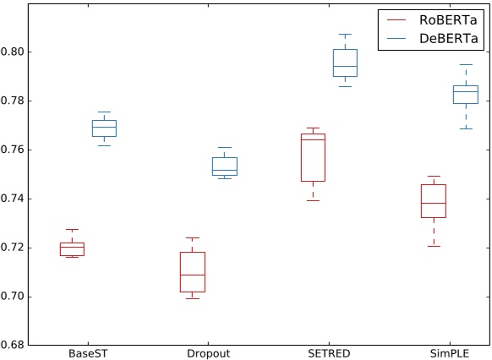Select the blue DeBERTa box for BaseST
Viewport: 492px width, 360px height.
tap(104, 128)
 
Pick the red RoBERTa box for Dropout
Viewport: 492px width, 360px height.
tap(192, 271)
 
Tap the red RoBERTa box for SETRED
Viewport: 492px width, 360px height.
tap(313, 157)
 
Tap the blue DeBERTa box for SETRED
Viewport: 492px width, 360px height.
tap(345, 63)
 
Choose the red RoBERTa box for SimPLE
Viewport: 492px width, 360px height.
tap(433, 201)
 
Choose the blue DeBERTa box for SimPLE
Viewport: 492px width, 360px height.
tap(465, 95)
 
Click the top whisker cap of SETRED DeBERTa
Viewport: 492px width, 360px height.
tap(345, 34)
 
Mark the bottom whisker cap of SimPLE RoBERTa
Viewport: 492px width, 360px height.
tap(433, 246)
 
